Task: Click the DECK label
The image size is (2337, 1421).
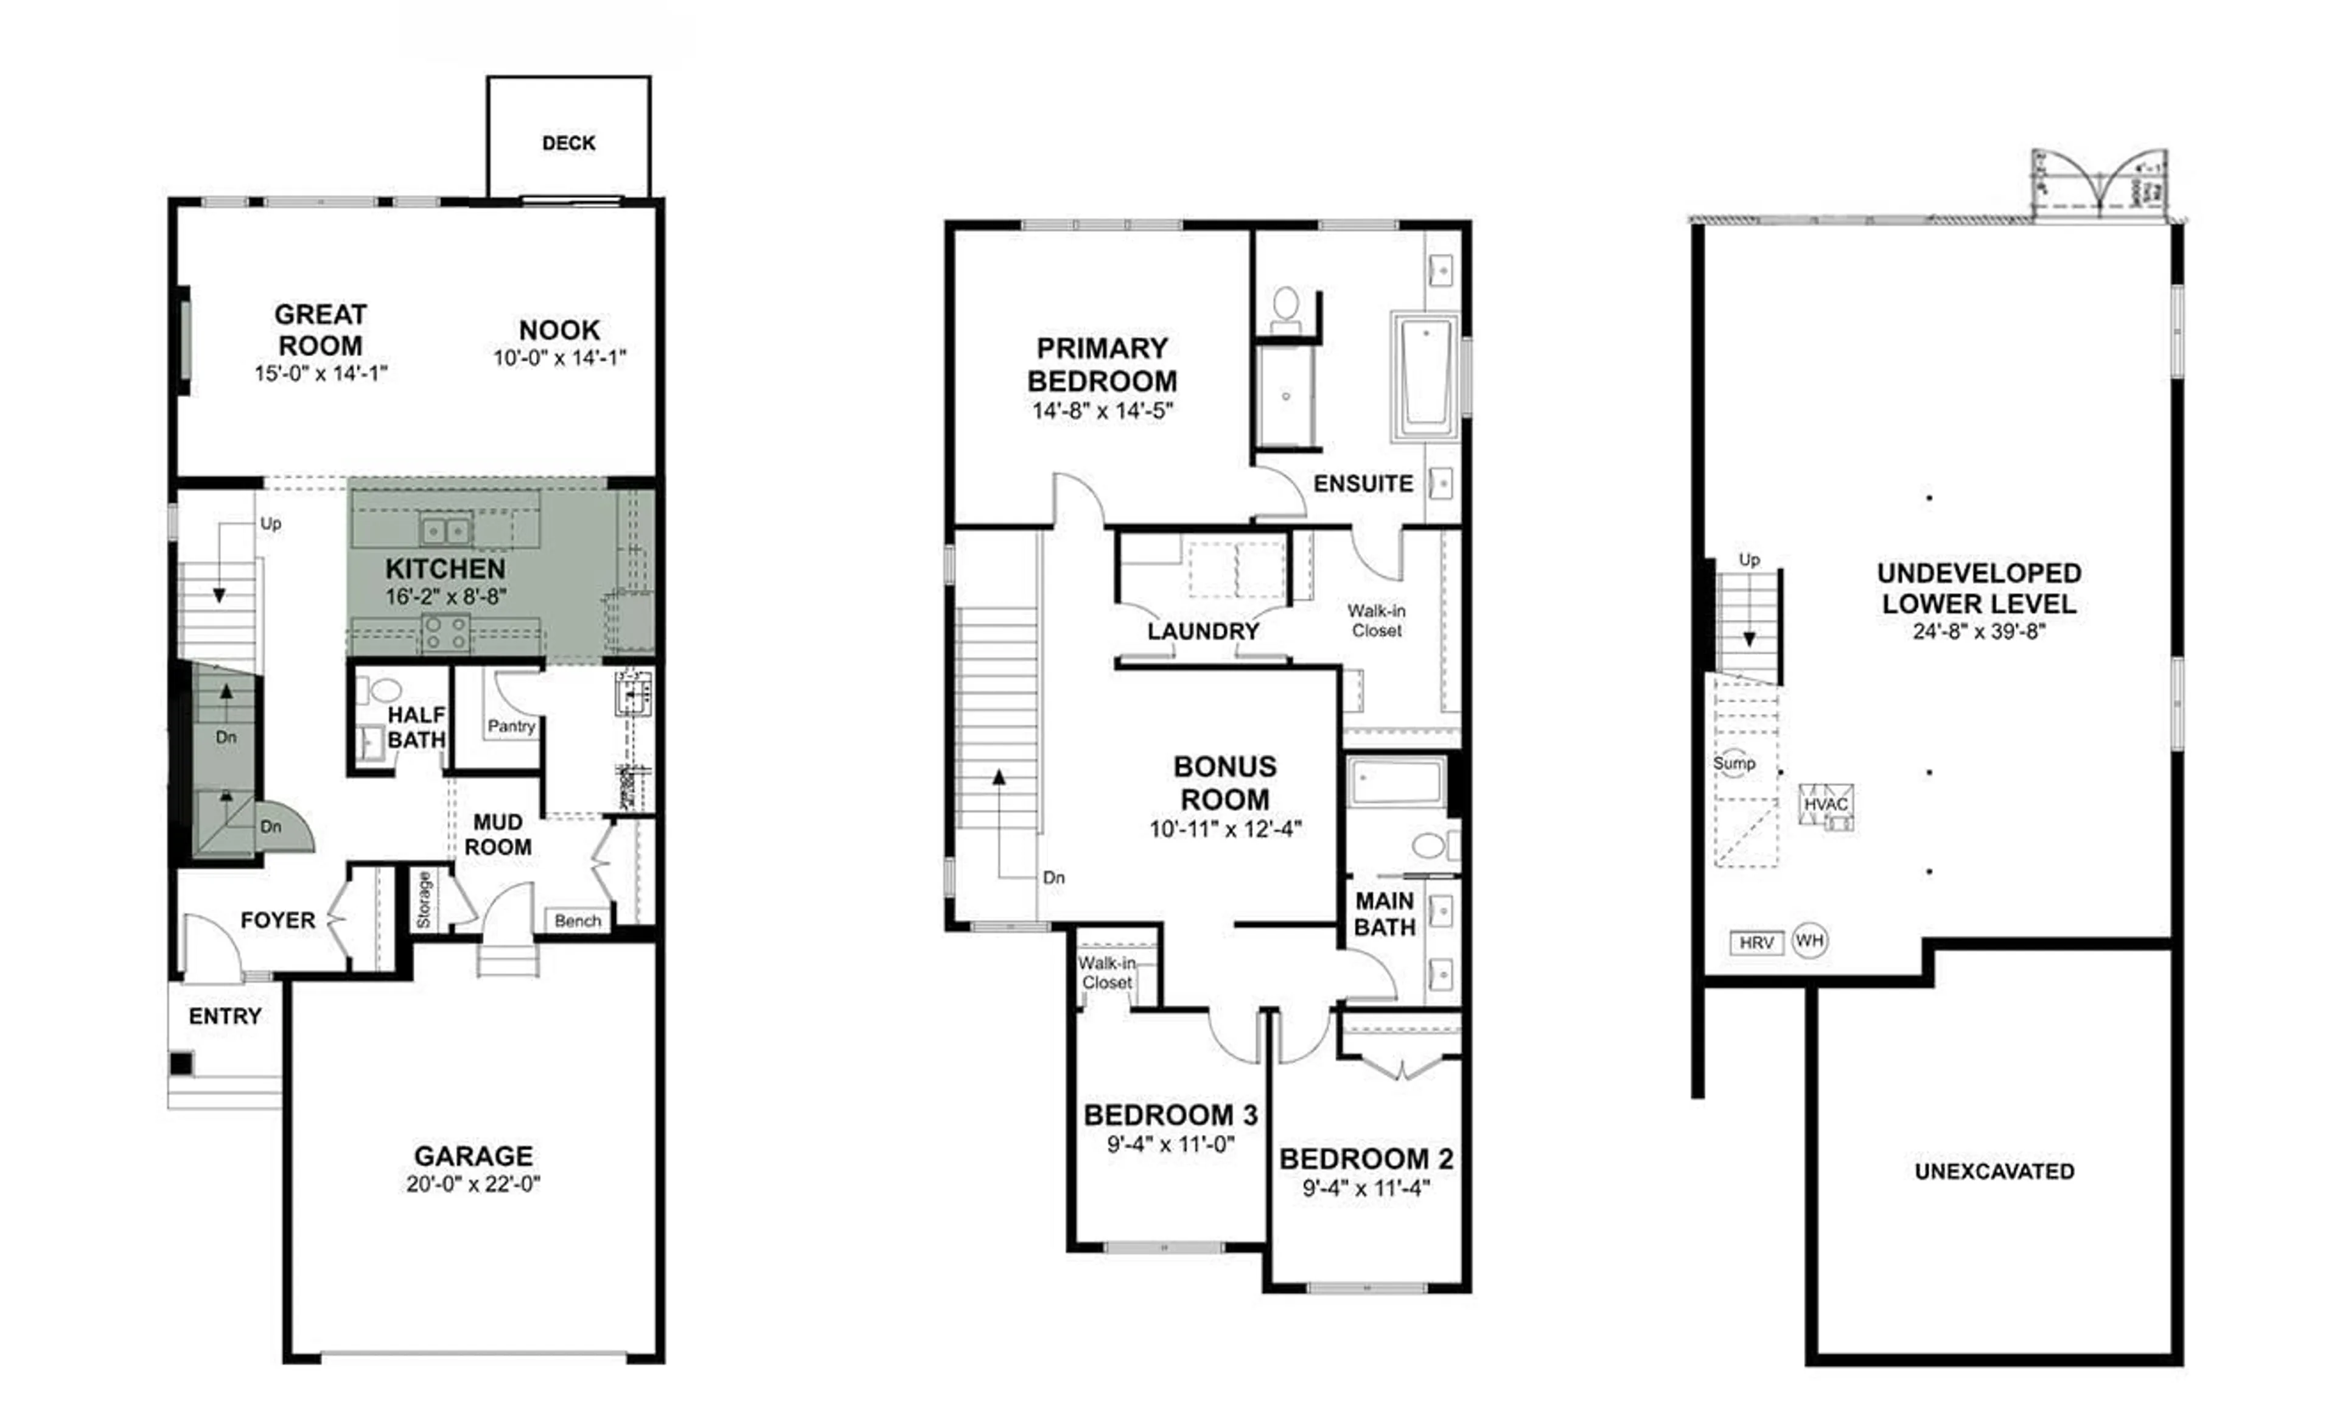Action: pos(568,143)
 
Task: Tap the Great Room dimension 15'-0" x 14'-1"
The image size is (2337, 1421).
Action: pos(321,374)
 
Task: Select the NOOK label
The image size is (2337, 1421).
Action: pos(559,330)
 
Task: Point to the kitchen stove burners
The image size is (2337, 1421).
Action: pos(445,633)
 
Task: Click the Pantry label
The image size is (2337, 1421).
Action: pos(511,726)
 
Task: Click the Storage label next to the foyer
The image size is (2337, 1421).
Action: pos(424,899)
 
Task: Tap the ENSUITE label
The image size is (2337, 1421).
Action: pos(1362,484)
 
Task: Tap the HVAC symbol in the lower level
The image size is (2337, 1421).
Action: pos(1826,805)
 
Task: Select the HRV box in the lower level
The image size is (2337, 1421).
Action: pos(1756,943)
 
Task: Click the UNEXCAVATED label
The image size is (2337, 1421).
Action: pos(1994,1171)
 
